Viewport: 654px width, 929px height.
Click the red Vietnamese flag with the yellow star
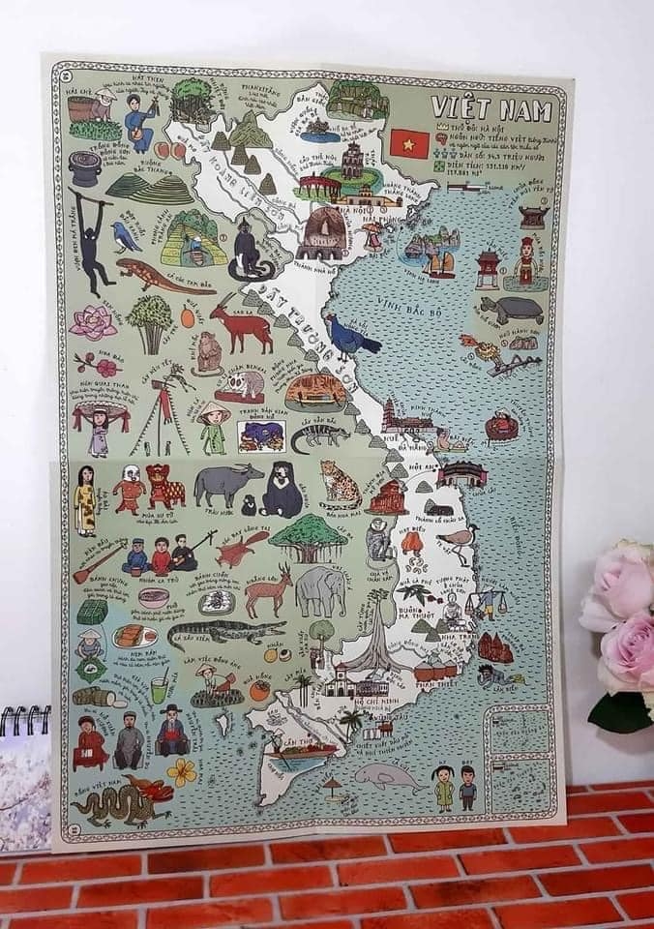(410, 143)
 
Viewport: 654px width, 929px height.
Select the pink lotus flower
(94, 321)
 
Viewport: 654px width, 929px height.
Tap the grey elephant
(320, 589)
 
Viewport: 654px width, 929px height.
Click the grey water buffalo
(226, 482)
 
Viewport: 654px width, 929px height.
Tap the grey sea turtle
(510, 310)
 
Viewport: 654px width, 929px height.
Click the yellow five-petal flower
(181, 771)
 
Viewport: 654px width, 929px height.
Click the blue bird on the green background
(125, 234)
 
